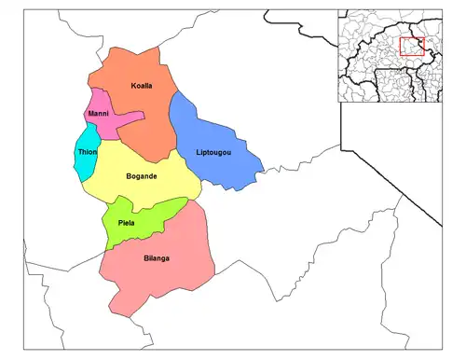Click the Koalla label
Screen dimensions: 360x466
(x=142, y=86)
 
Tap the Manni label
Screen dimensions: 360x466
(x=98, y=114)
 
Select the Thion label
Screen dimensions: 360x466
(x=88, y=152)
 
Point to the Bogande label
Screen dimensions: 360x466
(x=141, y=176)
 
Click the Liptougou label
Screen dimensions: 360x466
(x=213, y=152)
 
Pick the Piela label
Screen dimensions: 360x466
(x=126, y=222)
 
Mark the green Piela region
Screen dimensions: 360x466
(x=140, y=224)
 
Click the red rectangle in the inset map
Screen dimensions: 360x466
(x=411, y=47)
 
